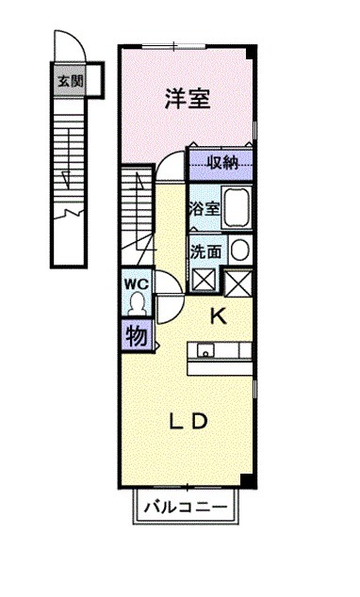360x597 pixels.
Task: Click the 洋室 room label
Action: click(x=187, y=97)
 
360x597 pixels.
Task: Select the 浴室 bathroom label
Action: click(x=204, y=209)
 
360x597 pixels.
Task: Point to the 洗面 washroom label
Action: click(x=205, y=251)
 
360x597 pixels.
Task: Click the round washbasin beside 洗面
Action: click(x=240, y=250)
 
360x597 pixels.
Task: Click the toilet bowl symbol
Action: click(x=138, y=302)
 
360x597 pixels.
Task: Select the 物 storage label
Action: click(x=136, y=335)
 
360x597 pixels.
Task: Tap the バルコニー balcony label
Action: click(x=186, y=508)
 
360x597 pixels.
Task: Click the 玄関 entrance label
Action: click(x=69, y=81)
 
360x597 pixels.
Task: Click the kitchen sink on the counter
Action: click(x=206, y=351)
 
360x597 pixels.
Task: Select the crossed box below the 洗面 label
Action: click(x=203, y=280)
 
